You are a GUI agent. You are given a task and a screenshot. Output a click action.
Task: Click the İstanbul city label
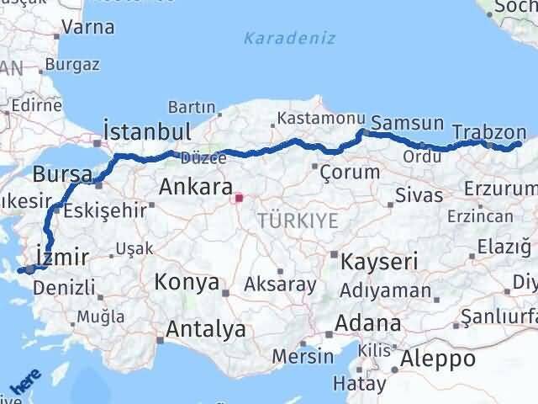tap(146, 132)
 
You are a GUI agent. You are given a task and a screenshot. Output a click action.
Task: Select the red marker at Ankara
tap(239, 199)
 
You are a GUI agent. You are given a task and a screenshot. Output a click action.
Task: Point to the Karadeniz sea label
tap(289, 38)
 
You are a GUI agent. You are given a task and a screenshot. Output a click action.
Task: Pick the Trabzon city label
tap(488, 132)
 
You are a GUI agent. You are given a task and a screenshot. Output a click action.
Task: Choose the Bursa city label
tap(63, 175)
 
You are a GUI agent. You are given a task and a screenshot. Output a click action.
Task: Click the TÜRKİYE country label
tap(298, 221)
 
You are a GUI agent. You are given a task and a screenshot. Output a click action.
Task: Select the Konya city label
tap(187, 283)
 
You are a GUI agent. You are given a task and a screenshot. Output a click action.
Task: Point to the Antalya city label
tap(206, 328)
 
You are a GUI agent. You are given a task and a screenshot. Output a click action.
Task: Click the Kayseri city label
tap(379, 262)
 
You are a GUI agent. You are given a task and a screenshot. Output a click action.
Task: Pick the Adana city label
tap(367, 322)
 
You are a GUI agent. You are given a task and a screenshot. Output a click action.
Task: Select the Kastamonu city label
tap(311, 120)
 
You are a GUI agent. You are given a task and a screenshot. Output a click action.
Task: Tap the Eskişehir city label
tap(105, 210)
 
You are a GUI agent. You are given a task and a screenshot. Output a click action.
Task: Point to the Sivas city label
tap(420, 195)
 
